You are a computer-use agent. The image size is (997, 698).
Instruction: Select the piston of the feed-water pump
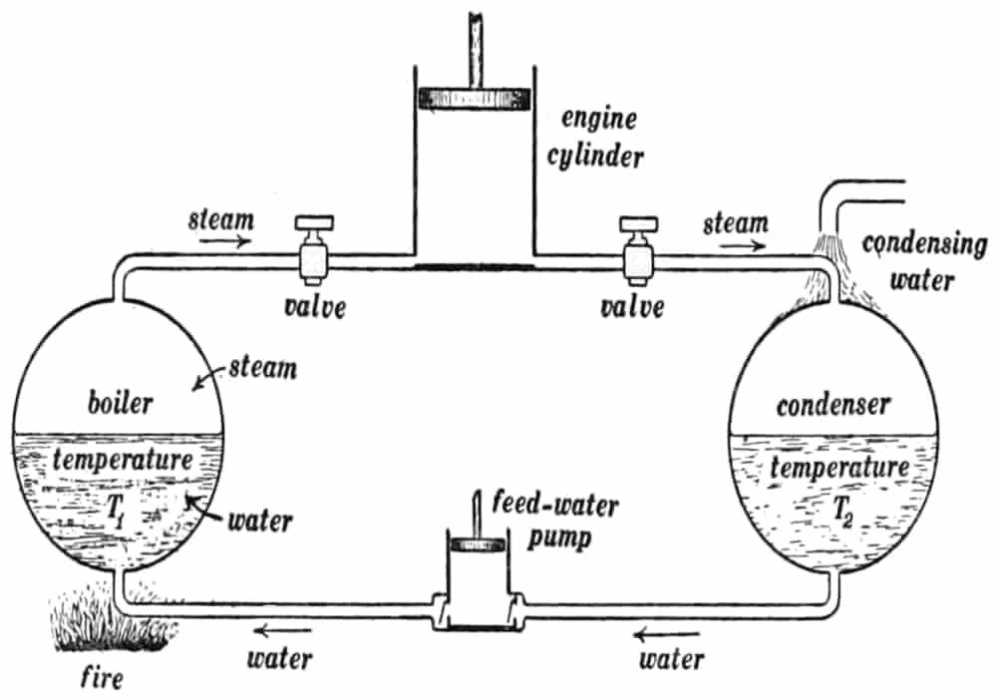coord(476,545)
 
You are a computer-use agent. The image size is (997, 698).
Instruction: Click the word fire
coord(102,682)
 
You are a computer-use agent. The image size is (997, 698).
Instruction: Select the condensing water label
coord(922,262)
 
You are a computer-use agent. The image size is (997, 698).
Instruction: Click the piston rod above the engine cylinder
coord(474,40)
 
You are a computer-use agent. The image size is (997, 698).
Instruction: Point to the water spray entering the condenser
coord(832,269)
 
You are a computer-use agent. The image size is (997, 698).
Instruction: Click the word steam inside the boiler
coord(267,368)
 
